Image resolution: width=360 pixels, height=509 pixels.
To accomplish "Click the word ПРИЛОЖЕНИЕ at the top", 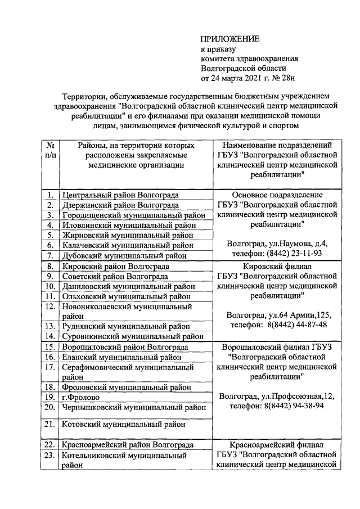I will (231, 39).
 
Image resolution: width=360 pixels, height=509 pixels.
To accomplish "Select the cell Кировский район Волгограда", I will (115, 266).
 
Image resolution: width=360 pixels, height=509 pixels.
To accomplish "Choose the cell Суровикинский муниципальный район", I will (132, 336).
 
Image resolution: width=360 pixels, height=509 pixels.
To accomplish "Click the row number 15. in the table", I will (50, 347).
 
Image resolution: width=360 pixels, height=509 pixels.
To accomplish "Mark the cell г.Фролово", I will (80, 397).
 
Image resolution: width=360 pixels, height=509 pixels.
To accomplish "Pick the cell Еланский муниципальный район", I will (121, 357).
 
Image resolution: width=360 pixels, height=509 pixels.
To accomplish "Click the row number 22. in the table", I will (50, 445).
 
